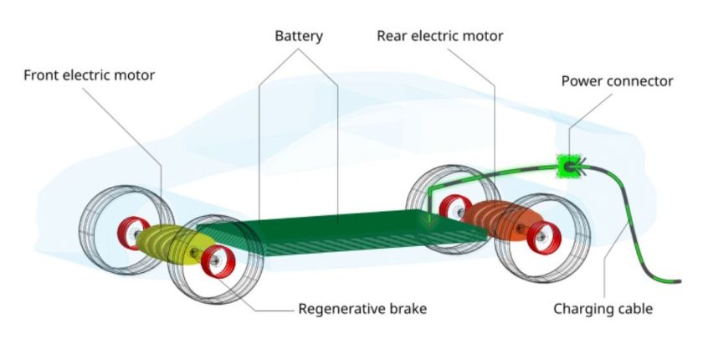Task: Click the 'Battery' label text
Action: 299,36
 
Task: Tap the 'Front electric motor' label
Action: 90,75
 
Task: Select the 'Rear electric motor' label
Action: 440,36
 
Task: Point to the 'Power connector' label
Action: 618,81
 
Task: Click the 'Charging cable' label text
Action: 603,309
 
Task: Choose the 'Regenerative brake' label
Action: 362,309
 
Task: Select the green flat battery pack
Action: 341,232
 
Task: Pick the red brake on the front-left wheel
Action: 133,233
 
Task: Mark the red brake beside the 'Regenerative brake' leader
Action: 218,261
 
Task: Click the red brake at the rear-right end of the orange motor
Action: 544,237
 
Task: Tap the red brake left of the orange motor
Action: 454,208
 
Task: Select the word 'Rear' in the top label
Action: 393,36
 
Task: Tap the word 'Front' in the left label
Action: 41,75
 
